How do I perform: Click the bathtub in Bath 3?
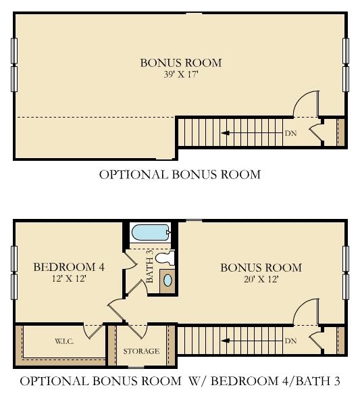point(151,232)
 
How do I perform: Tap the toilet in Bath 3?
point(165,258)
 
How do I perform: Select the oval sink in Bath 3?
point(168,280)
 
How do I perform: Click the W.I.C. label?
point(64,341)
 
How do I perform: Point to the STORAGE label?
point(141,351)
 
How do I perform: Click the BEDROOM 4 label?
point(69,268)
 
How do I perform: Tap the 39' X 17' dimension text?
point(180,74)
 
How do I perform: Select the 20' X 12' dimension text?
point(261,280)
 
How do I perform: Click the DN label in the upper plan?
point(290,133)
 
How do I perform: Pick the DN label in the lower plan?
point(290,341)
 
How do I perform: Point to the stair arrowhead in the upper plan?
point(226,133)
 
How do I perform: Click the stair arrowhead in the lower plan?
point(226,341)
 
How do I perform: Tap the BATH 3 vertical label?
point(150,266)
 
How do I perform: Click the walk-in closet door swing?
point(93,332)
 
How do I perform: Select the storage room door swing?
point(138,331)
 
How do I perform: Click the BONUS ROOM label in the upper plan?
point(181,63)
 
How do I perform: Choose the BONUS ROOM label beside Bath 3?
point(261,268)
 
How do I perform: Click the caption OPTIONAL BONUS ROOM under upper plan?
point(180,174)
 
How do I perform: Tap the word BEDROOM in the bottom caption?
point(245,381)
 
